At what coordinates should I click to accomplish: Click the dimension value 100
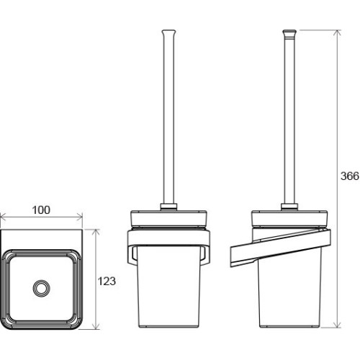41,210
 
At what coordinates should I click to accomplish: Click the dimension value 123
107,281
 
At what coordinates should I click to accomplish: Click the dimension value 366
350,176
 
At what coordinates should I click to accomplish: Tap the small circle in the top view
42,288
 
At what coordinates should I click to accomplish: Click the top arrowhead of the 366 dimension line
338,33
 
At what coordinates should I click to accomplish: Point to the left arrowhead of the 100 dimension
3,218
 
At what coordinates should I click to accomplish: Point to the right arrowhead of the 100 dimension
80,218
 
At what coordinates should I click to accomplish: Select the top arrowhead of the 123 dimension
96,233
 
